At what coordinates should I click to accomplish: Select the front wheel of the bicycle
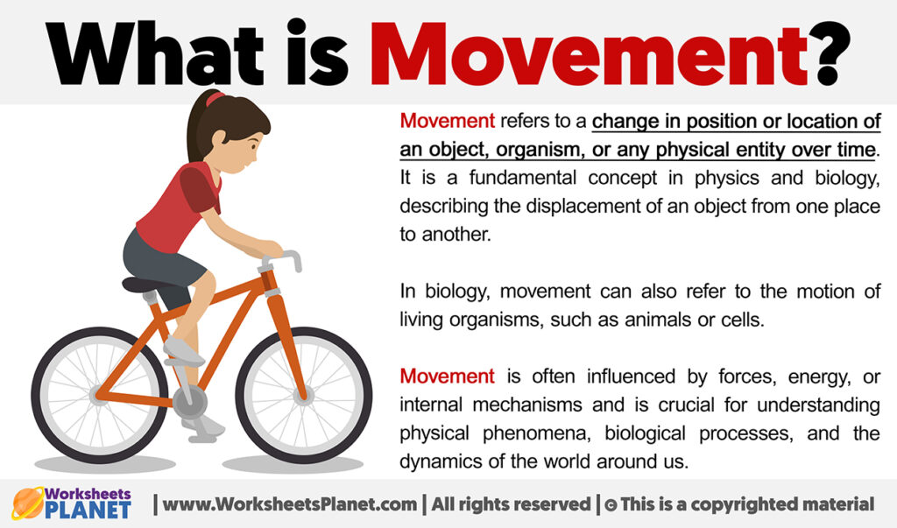[x=303, y=395]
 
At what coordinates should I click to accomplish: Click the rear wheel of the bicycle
[x=99, y=396]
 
